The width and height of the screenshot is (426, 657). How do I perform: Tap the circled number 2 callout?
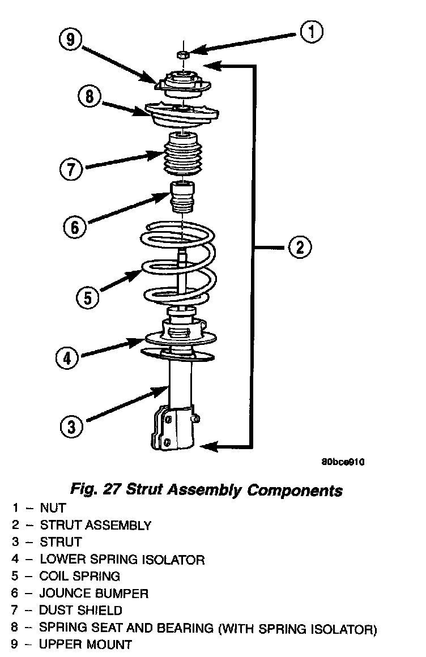pyautogui.click(x=299, y=247)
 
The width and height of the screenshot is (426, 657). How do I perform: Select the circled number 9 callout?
pyautogui.click(x=70, y=40)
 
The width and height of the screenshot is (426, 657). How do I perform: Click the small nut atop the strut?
pyautogui.click(x=183, y=54)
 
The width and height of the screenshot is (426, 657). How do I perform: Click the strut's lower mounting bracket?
pyautogui.click(x=173, y=428)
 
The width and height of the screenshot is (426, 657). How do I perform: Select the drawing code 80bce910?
pyautogui.click(x=343, y=461)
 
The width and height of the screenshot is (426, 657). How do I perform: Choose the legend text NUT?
pyautogui.click(x=53, y=507)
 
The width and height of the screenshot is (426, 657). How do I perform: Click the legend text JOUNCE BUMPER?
pyautogui.click(x=93, y=594)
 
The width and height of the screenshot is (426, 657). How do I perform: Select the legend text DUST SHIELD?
pyautogui.click(x=80, y=611)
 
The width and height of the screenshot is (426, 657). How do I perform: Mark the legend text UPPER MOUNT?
pyautogui.click(x=86, y=645)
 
